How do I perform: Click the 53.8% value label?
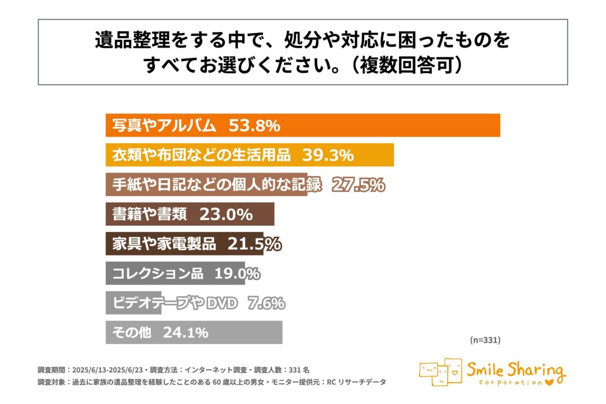[254, 126]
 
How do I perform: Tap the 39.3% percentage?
[328, 156]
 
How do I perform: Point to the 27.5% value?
[358, 185]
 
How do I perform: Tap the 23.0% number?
[226, 215]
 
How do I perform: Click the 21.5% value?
[255, 244]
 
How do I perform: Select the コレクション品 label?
[158, 274]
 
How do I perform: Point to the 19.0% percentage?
[237, 274]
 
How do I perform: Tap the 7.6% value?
[266, 304]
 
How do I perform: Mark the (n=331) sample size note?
[485, 340]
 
